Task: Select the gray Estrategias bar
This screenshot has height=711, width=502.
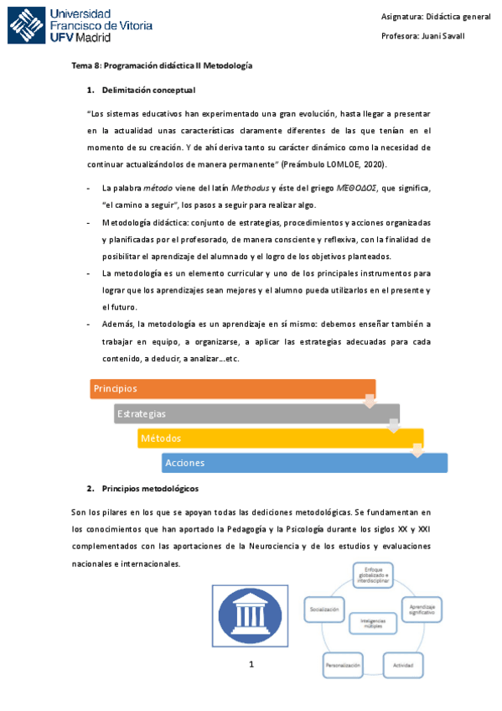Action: click(256, 413)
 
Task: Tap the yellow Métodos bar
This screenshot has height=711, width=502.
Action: click(281, 438)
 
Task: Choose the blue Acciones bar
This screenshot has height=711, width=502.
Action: click(304, 463)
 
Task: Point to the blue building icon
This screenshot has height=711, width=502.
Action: click(251, 616)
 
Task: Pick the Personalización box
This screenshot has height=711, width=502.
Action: click(342, 665)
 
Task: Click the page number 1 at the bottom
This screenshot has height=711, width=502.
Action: click(251, 665)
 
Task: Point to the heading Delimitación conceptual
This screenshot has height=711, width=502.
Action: click(148, 90)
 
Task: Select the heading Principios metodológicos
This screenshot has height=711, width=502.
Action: click(149, 488)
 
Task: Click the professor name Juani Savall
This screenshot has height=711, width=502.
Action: click(447, 36)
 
